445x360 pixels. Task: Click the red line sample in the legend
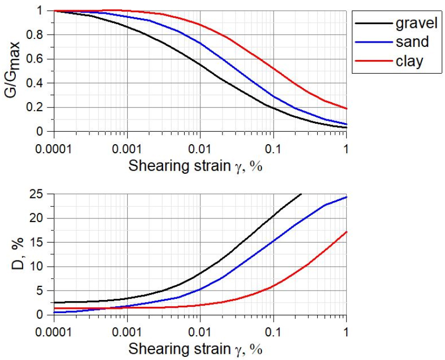click(x=372, y=62)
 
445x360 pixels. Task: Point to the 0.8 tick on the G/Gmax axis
click(x=41, y=35)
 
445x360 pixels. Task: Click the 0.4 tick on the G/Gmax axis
click(x=41, y=83)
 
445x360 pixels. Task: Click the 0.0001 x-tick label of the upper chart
click(x=53, y=148)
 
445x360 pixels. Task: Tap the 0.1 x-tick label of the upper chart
click(x=273, y=148)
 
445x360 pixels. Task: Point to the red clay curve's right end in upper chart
click(x=346, y=108)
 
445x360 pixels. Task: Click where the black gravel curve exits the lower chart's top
click(x=301, y=194)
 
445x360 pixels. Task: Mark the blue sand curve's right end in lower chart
click(x=346, y=197)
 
